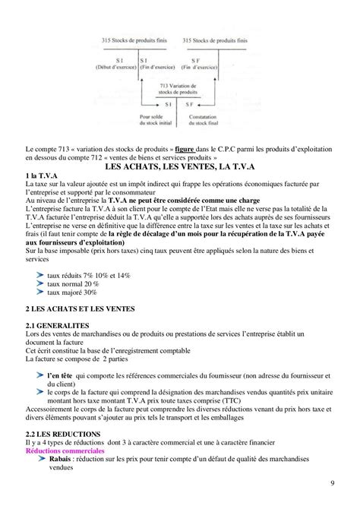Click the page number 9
click(x=334, y=485)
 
